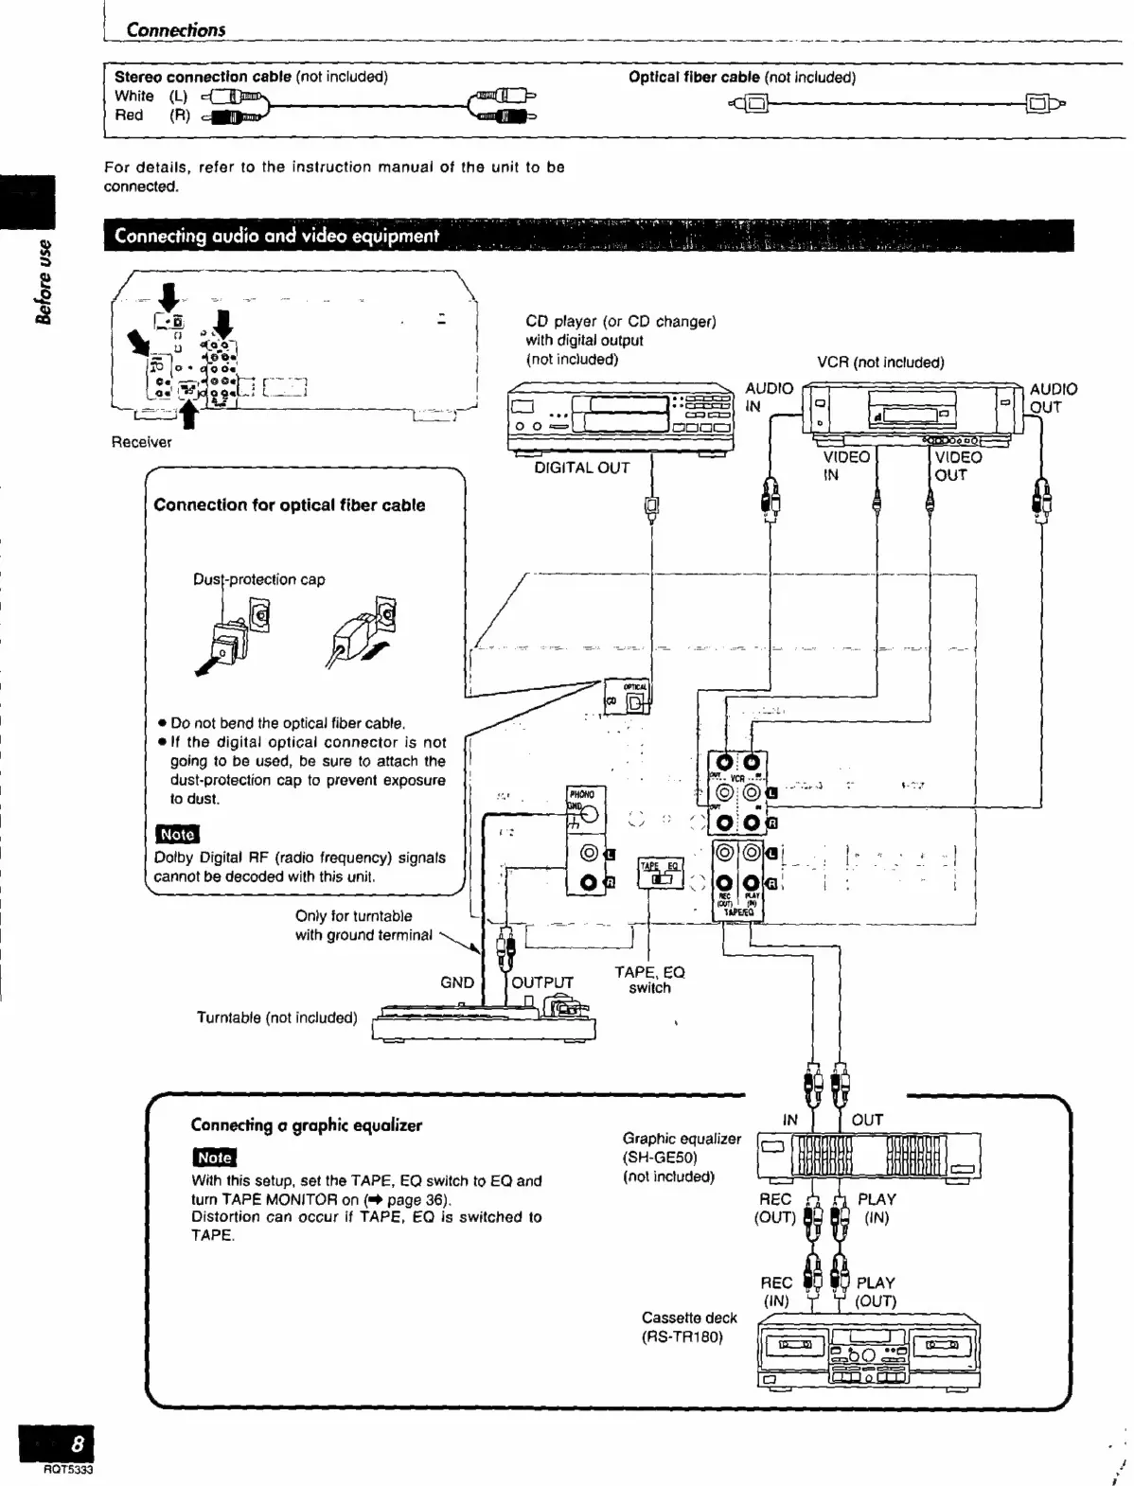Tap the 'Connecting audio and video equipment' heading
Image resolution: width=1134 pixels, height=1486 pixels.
[x=276, y=237]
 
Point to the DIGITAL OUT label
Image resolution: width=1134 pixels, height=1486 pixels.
[x=581, y=468]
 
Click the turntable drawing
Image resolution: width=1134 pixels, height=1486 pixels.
[x=485, y=1023]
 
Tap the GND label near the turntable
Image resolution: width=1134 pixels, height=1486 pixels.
[x=457, y=982]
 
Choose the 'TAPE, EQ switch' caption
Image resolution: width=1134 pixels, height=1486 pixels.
[x=649, y=980]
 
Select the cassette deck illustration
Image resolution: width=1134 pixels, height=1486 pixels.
[x=869, y=1354]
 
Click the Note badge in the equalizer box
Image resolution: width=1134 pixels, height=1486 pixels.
[x=214, y=1157]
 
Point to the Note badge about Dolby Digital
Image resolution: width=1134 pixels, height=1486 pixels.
[x=177, y=834]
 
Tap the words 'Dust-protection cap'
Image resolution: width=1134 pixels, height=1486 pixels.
[x=258, y=579]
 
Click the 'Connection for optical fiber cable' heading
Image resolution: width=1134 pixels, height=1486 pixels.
[x=289, y=505]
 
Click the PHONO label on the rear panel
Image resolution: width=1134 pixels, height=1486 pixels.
[x=581, y=794]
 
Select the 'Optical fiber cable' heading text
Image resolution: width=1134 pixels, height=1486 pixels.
[x=694, y=78]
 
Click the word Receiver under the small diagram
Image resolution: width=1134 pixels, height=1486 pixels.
[x=142, y=442]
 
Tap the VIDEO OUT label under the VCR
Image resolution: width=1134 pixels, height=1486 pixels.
[x=958, y=466]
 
